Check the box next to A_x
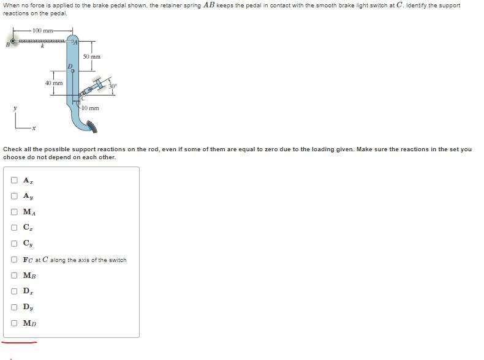14,180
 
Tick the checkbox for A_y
14,196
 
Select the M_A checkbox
14,212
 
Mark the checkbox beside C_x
14,228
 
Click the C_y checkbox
14,244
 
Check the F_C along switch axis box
14,260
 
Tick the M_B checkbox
14,275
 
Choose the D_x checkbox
14,291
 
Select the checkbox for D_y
14,307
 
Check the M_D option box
14,323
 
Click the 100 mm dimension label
43,31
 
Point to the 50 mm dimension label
92,57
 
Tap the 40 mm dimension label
54,83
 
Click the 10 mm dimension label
91,108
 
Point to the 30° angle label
112,86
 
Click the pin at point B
13,41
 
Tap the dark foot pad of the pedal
92,127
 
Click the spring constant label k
43,47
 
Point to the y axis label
15,108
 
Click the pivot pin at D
73,71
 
